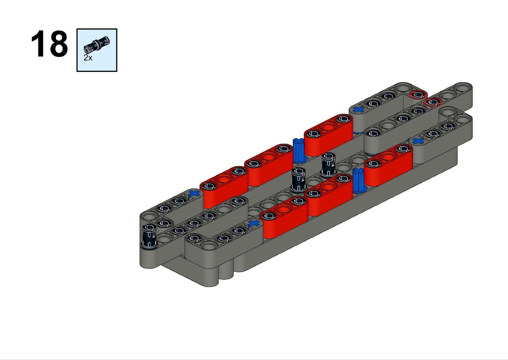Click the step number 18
click(x=50, y=44)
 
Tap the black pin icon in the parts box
click(x=97, y=45)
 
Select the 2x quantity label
click(x=88, y=58)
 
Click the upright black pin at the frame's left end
click(x=149, y=236)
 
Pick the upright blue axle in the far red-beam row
click(x=298, y=150)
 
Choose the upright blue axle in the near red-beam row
click(x=358, y=180)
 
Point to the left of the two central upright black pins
click(x=298, y=180)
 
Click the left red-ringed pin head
click(x=418, y=95)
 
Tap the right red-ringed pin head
click(x=433, y=102)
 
